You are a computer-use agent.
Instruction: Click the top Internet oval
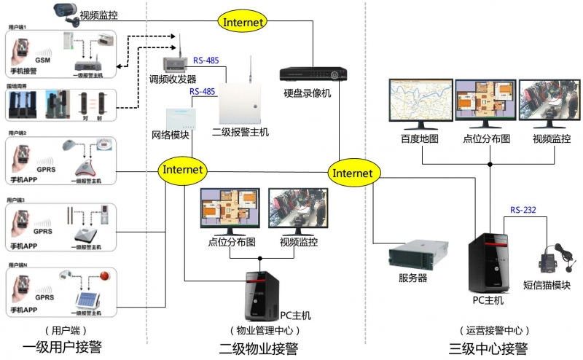click(243, 22)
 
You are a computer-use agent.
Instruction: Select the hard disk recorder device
click(313, 74)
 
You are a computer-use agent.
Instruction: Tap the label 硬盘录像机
click(308, 93)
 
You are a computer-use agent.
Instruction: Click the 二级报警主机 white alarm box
click(240, 101)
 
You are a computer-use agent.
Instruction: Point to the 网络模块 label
click(171, 135)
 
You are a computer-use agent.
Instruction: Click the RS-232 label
click(523, 210)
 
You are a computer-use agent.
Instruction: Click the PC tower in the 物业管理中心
click(260, 295)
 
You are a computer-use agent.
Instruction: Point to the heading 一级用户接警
click(60, 348)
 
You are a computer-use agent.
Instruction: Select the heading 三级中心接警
click(488, 348)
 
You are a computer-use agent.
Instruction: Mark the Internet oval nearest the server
click(353, 173)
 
